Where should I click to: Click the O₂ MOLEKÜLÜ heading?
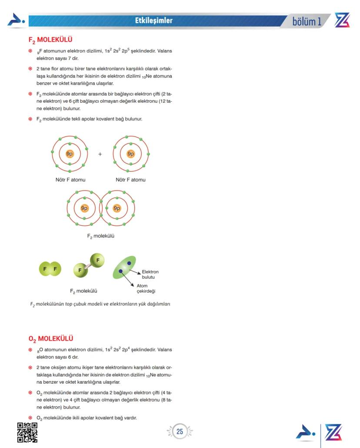tap(51, 338)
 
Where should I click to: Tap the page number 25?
tap(180, 432)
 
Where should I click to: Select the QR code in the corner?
tap(27, 432)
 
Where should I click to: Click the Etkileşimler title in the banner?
tap(154, 20)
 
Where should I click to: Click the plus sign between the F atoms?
tap(100, 154)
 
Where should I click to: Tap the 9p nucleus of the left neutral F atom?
tap(70, 154)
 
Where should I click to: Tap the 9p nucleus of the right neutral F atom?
tap(130, 154)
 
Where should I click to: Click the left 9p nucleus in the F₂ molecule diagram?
tap(84, 208)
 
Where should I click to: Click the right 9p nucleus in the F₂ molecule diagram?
tap(117, 208)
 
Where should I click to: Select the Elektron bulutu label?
tap(150, 274)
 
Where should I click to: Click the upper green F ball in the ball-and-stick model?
tap(97, 260)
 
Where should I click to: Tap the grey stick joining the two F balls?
tap(89, 265)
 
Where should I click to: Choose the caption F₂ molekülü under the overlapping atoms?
tap(100, 237)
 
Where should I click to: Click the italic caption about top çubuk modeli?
tap(100, 304)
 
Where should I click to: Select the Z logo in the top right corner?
tap(342, 20)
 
